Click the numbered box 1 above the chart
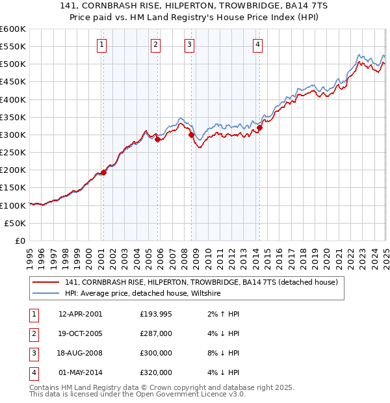(x=103, y=45)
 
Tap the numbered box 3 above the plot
(x=189, y=45)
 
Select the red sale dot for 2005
(x=157, y=139)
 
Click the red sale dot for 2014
(x=259, y=127)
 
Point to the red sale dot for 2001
(x=104, y=172)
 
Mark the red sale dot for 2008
(x=191, y=135)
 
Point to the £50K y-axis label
(x=16, y=223)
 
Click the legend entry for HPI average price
(x=143, y=294)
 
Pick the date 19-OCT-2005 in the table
(x=80, y=333)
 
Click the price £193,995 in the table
(x=156, y=314)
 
